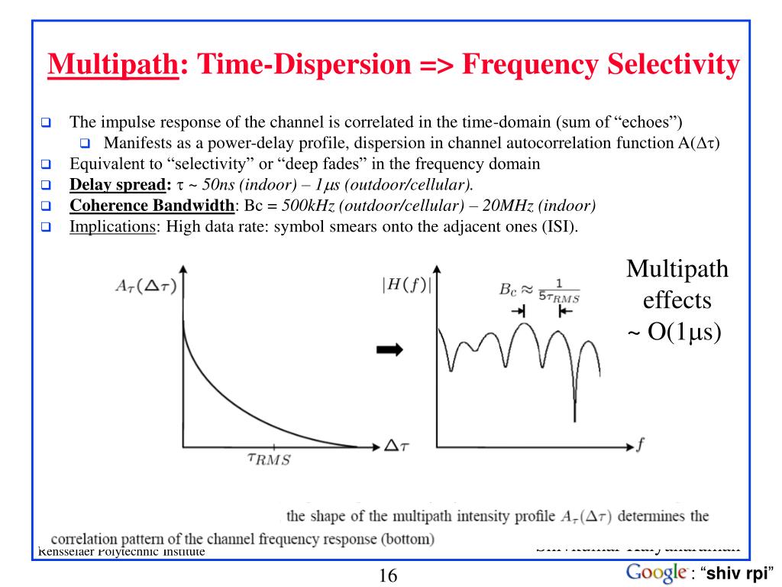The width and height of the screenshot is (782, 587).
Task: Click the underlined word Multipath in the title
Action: [x=112, y=66]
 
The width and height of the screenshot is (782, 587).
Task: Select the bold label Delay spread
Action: [x=119, y=184]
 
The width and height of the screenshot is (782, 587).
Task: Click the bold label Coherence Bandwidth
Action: [x=152, y=206]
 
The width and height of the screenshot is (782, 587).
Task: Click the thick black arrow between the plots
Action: [x=390, y=349]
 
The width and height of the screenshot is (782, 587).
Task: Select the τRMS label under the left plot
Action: [x=269, y=459]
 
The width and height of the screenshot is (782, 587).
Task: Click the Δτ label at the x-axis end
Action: [x=396, y=445]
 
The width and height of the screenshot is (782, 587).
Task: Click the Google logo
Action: [x=656, y=572]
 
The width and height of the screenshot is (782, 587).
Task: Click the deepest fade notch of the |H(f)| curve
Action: [x=575, y=417]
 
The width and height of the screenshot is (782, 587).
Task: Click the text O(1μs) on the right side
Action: [x=684, y=333]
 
